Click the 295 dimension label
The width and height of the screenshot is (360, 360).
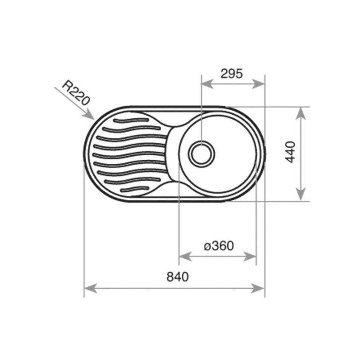point(232,73)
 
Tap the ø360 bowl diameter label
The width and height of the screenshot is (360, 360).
point(218,246)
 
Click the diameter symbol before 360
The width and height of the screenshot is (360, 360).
point(207,247)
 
